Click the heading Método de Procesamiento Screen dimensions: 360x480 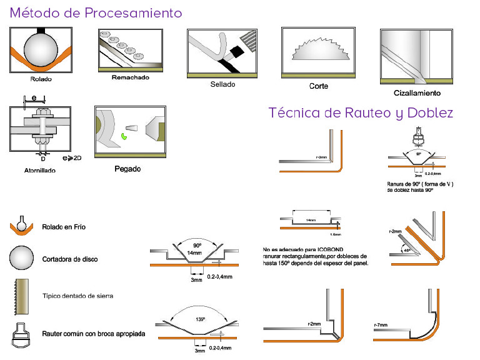pos(96,13)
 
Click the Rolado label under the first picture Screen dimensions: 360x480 pos(41,79)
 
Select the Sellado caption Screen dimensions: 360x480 pos(222,84)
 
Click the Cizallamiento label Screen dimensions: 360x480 pos(417,93)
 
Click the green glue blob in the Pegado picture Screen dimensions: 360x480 pos(125,132)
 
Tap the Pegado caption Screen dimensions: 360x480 pos(127,168)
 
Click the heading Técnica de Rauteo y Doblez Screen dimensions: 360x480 pos(361,113)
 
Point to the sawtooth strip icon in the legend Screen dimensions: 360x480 pos(21,295)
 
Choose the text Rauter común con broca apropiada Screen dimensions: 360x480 pos(94,334)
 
